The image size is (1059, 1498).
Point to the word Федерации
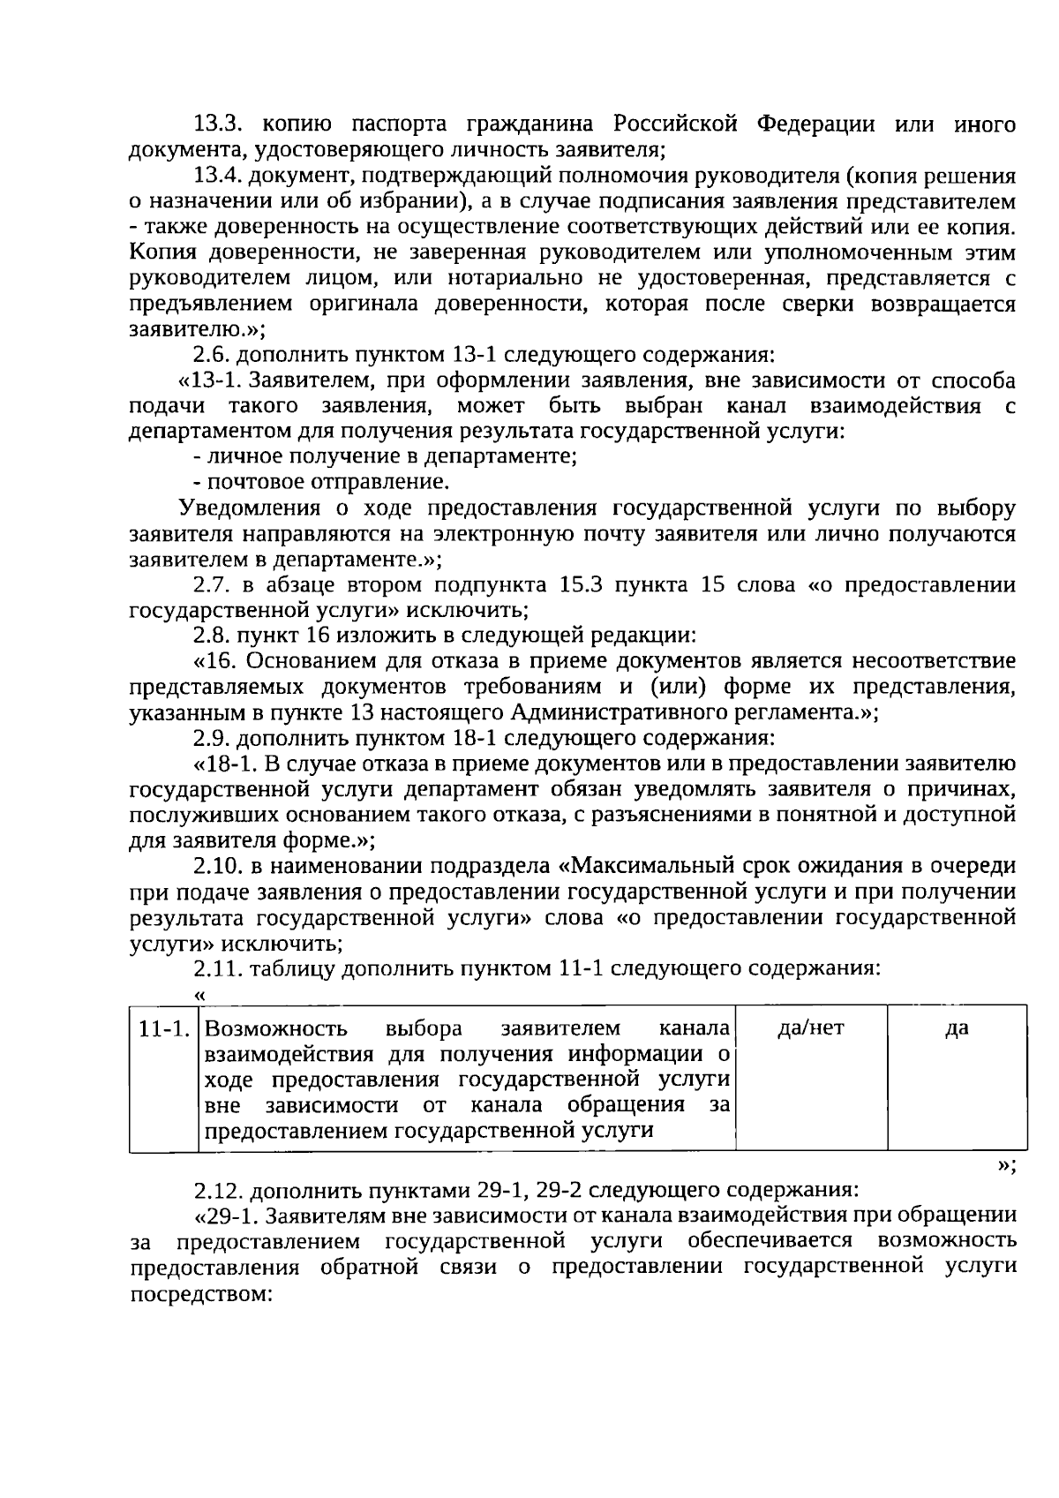point(815,124)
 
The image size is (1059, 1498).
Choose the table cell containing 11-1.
point(164,1029)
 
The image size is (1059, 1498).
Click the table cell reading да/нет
point(811,1028)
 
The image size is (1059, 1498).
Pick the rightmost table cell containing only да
point(957,1028)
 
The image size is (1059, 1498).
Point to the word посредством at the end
point(199,1293)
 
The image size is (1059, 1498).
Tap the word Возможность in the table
point(275,1029)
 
